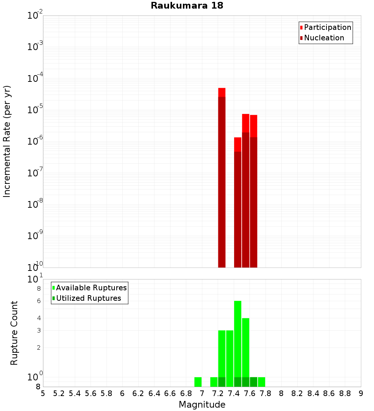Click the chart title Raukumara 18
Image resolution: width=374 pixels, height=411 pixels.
pos(187,6)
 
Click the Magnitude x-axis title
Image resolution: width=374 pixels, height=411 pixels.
pos(202,405)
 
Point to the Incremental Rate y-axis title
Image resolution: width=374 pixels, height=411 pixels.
pos(7,141)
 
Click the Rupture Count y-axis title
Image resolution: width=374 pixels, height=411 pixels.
pos(14,333)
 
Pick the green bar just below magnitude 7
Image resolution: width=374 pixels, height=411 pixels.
pos(198,382)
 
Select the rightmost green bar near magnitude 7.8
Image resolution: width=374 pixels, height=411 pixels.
pos(261,382)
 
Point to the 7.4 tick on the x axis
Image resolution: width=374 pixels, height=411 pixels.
pos(234,393)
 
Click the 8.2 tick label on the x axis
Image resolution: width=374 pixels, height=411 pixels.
pos(297,393)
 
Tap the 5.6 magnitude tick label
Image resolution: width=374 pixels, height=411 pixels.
pos(91,393)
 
